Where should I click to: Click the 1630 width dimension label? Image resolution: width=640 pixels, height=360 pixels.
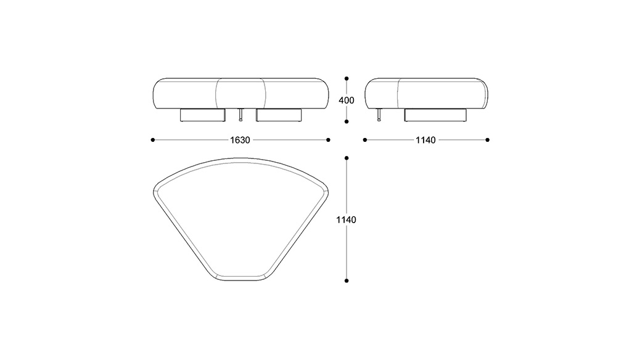pos(240,140)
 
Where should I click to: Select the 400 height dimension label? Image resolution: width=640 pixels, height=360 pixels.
pos(347,100)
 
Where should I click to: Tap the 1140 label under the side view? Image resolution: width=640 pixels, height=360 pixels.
pos(425,140)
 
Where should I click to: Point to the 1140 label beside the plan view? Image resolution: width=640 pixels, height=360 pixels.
pos(346,219)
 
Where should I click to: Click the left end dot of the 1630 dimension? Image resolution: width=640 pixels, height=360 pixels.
pos(153,140)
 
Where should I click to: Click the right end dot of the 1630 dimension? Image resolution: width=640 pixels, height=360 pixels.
pos(328,140)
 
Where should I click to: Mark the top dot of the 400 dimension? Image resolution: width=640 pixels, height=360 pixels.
pos(347,78)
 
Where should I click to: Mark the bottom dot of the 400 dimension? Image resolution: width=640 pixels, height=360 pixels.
pos(347,121)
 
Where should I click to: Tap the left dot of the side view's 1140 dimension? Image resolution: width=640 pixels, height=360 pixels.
pos(365,140)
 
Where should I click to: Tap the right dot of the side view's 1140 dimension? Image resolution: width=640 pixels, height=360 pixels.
pos(487,140)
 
